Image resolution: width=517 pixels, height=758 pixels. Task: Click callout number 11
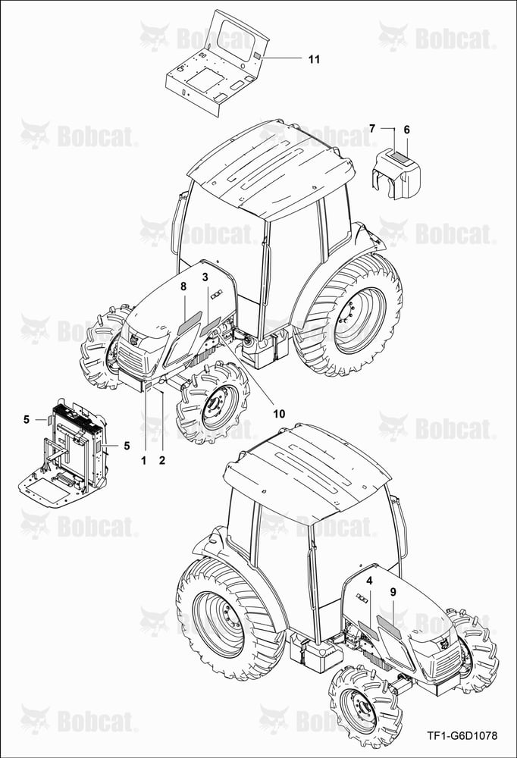click(314, 59)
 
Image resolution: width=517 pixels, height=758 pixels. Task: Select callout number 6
click(407, 130)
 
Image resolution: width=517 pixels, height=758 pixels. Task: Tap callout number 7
click(372, 129)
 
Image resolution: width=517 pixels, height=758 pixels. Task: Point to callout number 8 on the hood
click(183, 287)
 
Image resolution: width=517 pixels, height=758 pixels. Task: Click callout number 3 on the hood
click(205, 277)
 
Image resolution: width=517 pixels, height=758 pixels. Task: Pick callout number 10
click(279, 414)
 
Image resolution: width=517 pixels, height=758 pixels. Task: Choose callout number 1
click(143, 461)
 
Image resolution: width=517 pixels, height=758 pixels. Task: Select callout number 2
click(162, 461)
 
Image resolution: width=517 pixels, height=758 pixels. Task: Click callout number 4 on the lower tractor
click(369, 581)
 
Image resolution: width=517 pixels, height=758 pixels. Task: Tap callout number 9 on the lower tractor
click(393, 592)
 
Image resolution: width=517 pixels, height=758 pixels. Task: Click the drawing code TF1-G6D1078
click(462, 736)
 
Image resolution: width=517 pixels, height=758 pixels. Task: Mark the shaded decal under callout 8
click(190, 322)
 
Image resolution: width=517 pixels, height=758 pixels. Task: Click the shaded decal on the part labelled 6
click(400, 157)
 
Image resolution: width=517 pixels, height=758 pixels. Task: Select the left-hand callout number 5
click(26, 420)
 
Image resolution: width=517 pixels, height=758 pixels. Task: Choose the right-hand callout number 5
click(127, 445)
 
